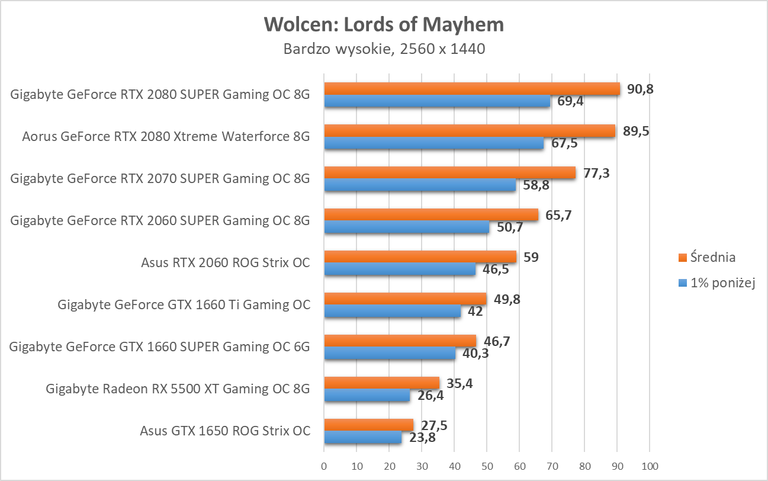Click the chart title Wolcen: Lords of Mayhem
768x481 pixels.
point(384,24)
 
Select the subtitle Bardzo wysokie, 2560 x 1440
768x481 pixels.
point(384,49)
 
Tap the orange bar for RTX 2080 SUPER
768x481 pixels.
point(471,89)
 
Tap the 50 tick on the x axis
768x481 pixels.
point(487,466)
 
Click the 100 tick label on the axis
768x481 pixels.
point(650,466)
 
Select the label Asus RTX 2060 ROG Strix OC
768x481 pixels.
point(226,262)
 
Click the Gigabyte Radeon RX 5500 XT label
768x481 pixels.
point(178,389)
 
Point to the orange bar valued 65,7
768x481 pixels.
point(431,215)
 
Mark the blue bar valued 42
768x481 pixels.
point(392,312)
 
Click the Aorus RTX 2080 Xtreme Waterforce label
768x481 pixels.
point(166,136)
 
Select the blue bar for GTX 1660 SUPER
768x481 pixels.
point(390,354)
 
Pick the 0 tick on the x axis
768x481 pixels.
point(324,466)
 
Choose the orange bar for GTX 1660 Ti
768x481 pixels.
point(405,299)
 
